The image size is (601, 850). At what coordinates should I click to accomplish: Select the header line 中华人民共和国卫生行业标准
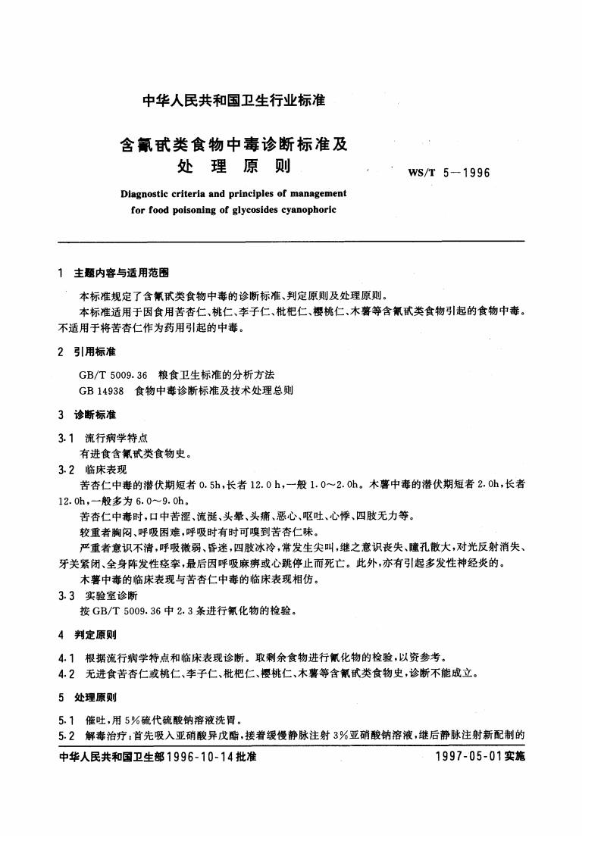(x=223, y=99)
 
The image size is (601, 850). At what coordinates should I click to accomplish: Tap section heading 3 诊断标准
(x=90, y=414)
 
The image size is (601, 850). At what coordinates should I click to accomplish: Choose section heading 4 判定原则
(x=90, y=633)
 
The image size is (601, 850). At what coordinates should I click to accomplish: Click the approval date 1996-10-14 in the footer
(x=199, y=756)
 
